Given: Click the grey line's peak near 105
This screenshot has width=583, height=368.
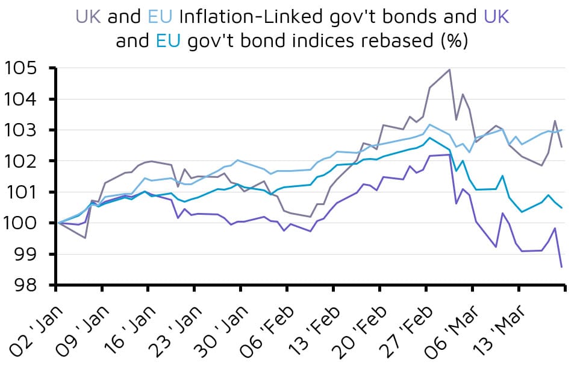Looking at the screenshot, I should pyautogui.click(x=449, y=69).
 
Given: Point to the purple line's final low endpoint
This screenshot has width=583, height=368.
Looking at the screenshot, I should pyautogui.click(x=561, y=267).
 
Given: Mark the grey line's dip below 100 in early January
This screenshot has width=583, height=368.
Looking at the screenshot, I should pyautogui.click(x=85, y=238).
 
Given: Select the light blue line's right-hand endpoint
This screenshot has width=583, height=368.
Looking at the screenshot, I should pyautogui.click(x=561, y=130).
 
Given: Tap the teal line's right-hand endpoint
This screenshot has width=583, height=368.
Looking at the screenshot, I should pyautogui.click(x=561, y=208).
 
